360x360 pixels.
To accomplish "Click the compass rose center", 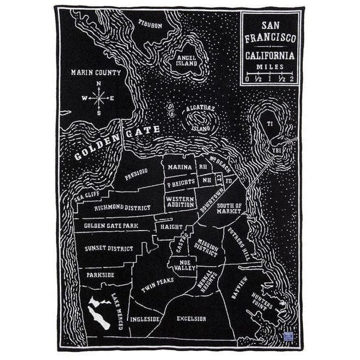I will click(99, 98).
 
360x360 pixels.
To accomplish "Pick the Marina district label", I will click(179, 167).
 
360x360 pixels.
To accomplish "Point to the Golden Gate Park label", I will click(111, 226).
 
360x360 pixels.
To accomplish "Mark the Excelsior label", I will click(192, 318).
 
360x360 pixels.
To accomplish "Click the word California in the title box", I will click(269, 55).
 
